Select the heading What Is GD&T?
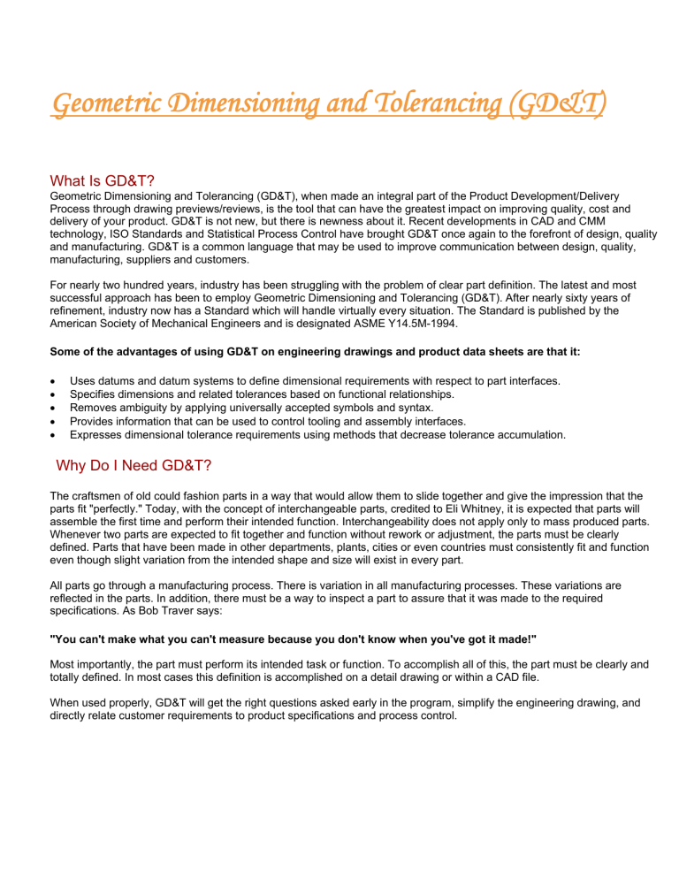coord(103,180)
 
